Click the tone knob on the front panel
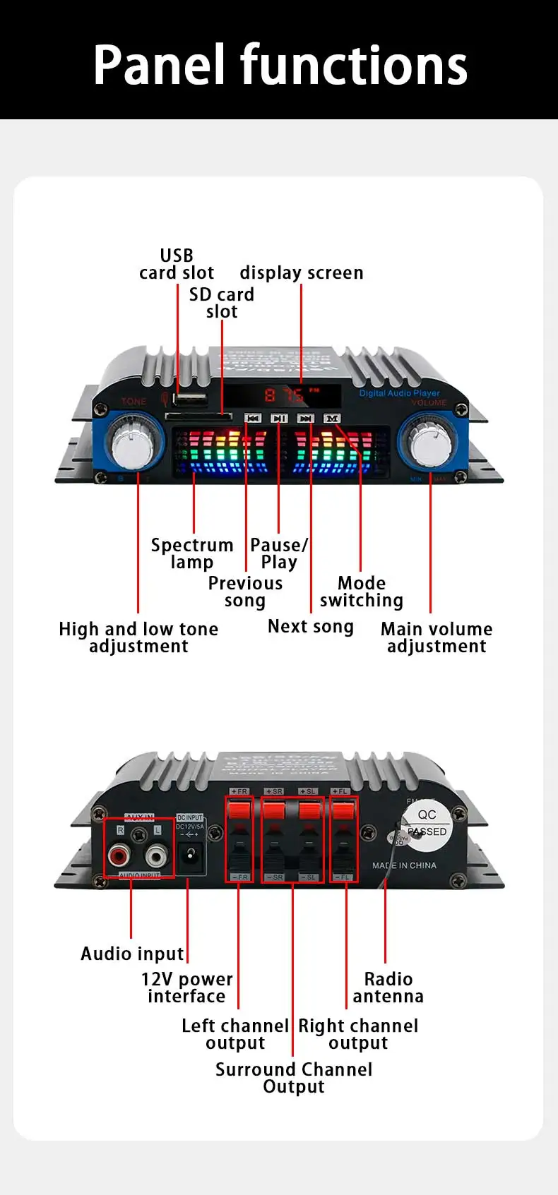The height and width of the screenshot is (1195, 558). click(133, 443)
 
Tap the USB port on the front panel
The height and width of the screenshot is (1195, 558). click(189, 400)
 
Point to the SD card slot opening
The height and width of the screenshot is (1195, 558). click(198, 416)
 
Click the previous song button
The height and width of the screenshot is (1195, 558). click(253, 419)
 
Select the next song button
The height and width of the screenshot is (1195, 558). click(305, 419)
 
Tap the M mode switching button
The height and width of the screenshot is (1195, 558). click(331, 419)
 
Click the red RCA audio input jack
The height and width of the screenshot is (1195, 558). click(118, 857)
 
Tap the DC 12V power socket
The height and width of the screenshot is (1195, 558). click(189, 855)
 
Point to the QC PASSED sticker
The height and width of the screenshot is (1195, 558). click(427, 823)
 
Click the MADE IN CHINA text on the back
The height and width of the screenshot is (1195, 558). click(404, 865)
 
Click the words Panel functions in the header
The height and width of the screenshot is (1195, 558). click(280, 64)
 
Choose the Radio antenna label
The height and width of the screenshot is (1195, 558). click(388, 987)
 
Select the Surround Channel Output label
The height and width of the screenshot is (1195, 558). click(294, 1078)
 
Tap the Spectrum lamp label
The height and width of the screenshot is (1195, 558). click(191, 553)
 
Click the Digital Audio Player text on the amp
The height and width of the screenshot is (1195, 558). click(399, 393)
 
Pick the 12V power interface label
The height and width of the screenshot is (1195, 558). click(186, 987)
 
